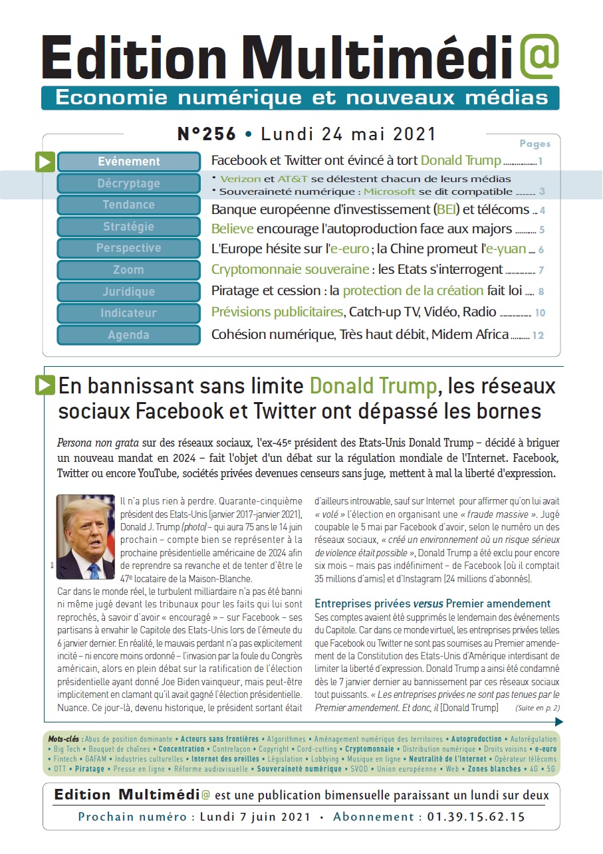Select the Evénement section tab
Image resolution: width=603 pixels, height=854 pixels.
coord(129,161)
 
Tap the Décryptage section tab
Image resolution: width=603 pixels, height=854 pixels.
coord(129,183)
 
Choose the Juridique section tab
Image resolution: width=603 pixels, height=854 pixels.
coord(129,292)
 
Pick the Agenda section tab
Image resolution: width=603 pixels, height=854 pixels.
coord(129,335)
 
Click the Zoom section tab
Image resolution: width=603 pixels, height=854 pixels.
coord(129,270)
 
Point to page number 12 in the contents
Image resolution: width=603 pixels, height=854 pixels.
coord(538,336)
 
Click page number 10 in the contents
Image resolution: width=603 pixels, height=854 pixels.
coord(539,313)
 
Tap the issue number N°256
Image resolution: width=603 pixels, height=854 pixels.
coord(207,134)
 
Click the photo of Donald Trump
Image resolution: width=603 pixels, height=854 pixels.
coord(86,537)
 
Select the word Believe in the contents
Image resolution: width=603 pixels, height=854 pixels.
coord(232,229)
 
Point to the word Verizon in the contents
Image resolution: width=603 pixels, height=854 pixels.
coord(240,179)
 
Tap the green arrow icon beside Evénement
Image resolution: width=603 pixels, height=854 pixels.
coord(45,161)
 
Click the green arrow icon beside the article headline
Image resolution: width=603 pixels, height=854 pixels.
coord(45,385)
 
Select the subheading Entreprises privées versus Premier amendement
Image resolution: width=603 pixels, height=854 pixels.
coord(432,603)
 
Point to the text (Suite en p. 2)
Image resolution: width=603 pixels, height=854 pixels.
coord(537,708)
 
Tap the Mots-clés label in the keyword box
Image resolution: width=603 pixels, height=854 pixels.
coord(63,738)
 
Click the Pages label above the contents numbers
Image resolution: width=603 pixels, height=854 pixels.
coord(535,144)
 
